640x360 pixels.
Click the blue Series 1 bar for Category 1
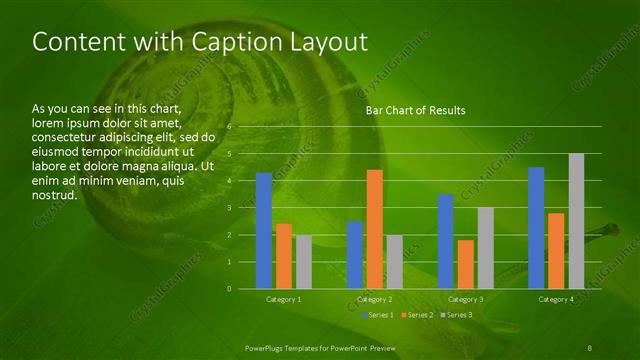pyautogui.click(x=264, y=230)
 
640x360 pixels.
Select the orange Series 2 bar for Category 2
pyautogui.click(x=374, y=229)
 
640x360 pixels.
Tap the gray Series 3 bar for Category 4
pyautogui.click(x=576, y=221)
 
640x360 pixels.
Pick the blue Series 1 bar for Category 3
pyautogui.click(x=446, y=241)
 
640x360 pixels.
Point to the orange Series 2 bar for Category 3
pyautogui.click(x=465, y=264)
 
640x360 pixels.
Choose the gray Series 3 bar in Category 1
pyautogui.click(x=303, y=262)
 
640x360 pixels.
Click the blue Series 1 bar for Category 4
pyautogui.click(x=536, y=227)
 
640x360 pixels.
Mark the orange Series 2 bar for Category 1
pyautogui.click(x=284, y=256)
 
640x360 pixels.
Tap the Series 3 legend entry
pyautogui.click(x=457, y=315)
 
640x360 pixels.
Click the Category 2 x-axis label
pyautogui.click(x=374, y=299)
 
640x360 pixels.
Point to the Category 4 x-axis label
pyautogui.click(x=556, y=299)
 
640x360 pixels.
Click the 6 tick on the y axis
pyautogui.click(x=229, y=127)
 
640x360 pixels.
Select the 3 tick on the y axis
pyautogui.click(x=229, y=208)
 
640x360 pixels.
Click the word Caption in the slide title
pyautogui.click(x=220, y=42)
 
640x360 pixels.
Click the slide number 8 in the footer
pyautogui.click(x=590, y=347)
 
